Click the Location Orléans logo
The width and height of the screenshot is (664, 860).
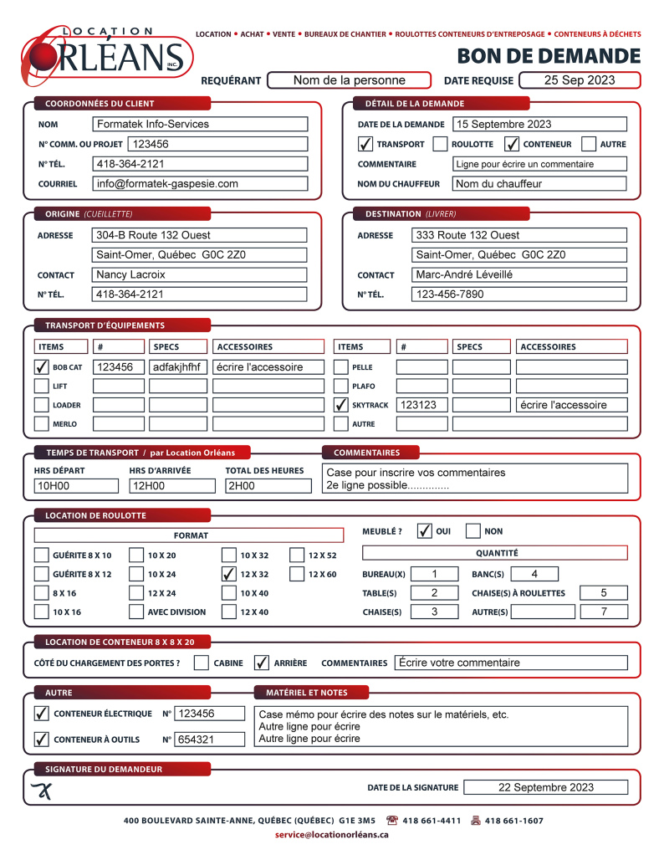pos(107,53)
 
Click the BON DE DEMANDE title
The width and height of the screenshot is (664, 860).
pos(549,56)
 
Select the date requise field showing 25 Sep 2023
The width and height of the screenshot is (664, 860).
pos(579,80)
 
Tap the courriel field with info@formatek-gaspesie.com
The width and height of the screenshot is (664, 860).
pos(200,183)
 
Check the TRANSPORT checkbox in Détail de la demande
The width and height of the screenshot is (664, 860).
pos(365,144)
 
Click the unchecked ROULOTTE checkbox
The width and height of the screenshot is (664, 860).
pos(440,144)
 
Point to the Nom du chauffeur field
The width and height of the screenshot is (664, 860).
pos(539,183)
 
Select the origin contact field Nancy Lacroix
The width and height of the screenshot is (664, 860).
pos(200,274)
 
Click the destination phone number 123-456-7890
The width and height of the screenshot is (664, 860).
pos(518,294)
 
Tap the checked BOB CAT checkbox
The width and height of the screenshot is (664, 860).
pos(41,366)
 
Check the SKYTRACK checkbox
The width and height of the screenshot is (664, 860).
pos(340,405)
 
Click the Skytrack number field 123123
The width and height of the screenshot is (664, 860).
pos(421,405)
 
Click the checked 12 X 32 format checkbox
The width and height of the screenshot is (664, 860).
pos(228,574)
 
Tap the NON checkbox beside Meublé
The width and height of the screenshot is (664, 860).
pos(473,531)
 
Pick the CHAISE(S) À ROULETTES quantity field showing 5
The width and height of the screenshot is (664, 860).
pos(603,593)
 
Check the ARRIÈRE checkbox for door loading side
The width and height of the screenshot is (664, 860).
pos(262,663)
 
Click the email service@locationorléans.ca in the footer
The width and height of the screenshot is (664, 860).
pos(332,835)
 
